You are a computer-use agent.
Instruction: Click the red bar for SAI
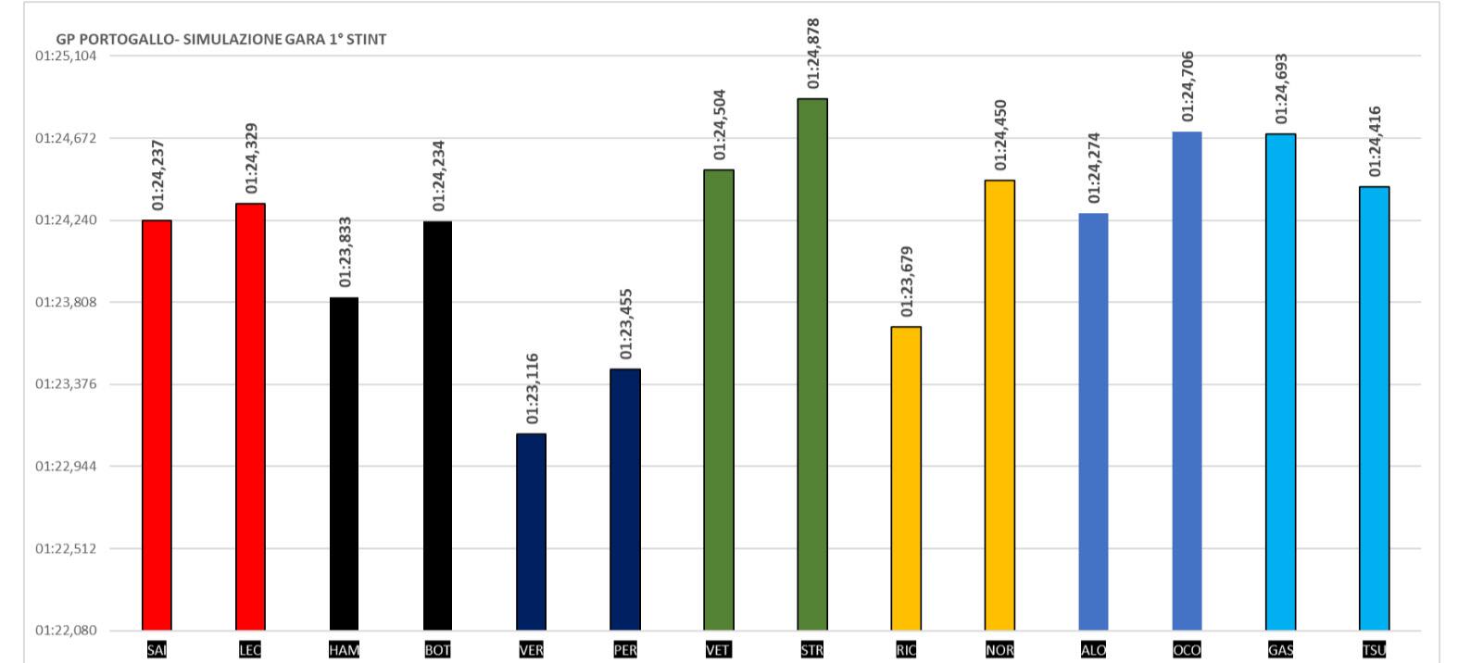pos(157,425)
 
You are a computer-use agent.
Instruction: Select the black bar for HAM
pos(344,463)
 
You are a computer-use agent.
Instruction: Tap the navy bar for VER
pos(531,532)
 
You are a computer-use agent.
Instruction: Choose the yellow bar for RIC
pos(906,478)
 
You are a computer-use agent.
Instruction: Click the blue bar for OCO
pos(1187,381)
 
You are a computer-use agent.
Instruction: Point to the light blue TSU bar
pos(1374,408)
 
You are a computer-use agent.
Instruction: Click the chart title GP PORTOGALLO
pos(221,40)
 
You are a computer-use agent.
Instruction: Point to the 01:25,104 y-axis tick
pos(66,56)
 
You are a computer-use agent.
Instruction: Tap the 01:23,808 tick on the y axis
pos(66,302)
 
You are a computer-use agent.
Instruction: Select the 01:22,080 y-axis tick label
pos(66,631)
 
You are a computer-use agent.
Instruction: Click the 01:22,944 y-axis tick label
pos(66,466)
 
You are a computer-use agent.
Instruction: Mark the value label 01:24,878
pos(813,54)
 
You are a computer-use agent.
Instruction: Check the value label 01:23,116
pos(532,389)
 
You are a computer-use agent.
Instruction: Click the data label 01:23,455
pos(626,324)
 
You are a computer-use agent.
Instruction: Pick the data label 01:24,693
pos(1281,89)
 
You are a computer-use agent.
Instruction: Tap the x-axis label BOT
pos(437,650)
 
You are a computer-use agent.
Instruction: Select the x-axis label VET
pos(718,650)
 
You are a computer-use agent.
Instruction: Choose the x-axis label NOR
pos(999,650)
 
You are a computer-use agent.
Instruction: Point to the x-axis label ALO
pos(1093,650)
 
